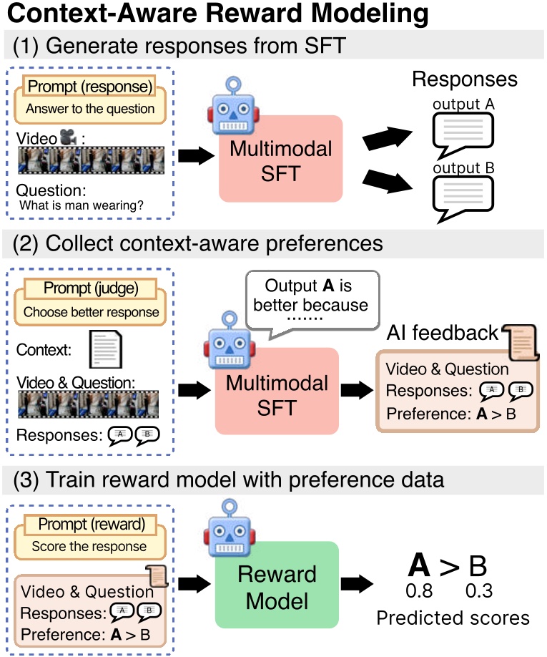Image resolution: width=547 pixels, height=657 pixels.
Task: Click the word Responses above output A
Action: coord(464,79)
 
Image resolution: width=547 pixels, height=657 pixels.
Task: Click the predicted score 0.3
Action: coord(478,592)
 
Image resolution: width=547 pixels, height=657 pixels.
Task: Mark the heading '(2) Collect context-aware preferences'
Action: coord(197,243)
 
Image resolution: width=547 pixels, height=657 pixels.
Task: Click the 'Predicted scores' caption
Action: coord(453,618)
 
